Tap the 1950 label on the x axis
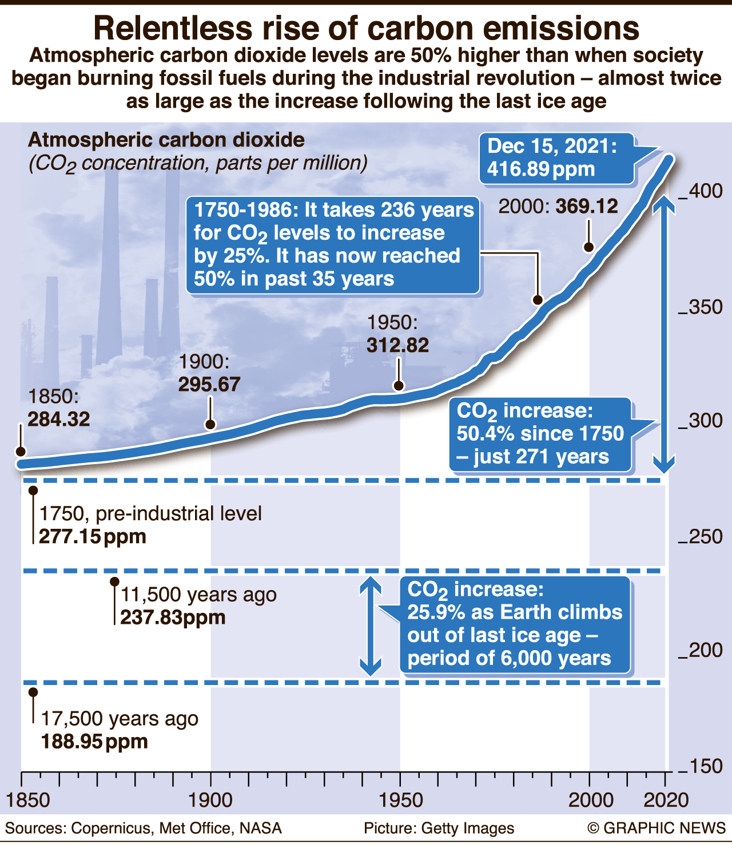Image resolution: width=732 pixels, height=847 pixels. (400, 800)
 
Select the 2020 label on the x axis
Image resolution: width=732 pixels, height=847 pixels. (666, 800)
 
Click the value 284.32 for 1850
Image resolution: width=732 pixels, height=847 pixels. (59, 419)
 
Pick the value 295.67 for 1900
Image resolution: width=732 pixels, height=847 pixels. (209, 385)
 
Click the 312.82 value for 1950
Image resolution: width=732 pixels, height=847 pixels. (398, 345)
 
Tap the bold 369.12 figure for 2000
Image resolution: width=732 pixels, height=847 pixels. (587, 206)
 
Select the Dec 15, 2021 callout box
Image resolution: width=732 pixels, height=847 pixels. (556, 159)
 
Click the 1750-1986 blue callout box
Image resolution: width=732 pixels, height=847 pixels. (333, 245)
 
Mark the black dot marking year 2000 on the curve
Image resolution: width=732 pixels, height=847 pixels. (588, 247)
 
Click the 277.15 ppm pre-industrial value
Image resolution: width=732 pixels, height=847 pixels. (93, 537)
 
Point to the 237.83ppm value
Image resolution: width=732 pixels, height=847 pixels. (173, 618)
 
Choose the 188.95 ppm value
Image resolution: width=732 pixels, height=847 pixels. (94, 742)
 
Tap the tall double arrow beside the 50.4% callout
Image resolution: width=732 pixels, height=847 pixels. (664, 334)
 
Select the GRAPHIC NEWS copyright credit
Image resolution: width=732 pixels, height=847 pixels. (656, 828)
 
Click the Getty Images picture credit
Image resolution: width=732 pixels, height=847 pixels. (439, 828)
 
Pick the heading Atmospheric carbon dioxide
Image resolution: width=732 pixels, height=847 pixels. (166, 140)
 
